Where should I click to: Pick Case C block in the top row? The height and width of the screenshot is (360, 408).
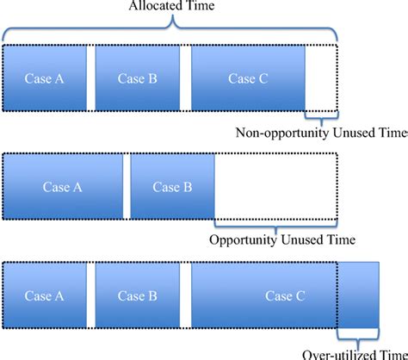249,78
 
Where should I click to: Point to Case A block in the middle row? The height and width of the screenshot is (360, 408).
62,186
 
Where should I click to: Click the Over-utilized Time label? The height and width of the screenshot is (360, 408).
355,352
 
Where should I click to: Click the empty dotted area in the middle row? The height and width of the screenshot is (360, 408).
275,186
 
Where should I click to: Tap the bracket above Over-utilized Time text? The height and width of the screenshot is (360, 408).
359,337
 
